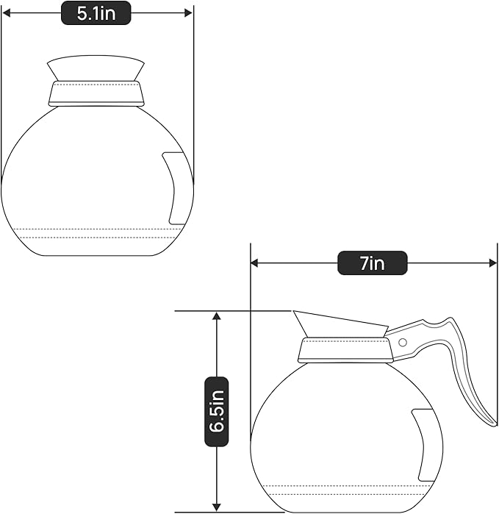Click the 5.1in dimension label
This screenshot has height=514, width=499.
click(x=96, y=13)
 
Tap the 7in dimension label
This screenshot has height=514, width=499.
click(x=372, y=263)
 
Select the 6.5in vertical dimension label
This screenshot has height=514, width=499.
click(x=216, y=412)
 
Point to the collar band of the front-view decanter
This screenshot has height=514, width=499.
click(x=96, y=93)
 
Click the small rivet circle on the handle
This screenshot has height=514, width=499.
click(x=402, y=342)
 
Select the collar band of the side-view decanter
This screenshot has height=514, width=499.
click(x=344, y=349)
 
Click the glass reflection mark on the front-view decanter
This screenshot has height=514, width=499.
click(x=176, y=188)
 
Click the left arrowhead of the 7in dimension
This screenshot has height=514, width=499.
click(x=254, y=263)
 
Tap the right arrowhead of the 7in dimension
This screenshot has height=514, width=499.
click(x=494, y=263)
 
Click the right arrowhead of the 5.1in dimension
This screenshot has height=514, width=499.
click(x=189, y=13)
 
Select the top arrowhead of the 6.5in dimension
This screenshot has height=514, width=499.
click(x=216, y=315)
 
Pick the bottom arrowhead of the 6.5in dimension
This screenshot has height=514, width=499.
click(x=216, y=507)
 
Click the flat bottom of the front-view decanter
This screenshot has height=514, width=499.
click(x=96, y=255)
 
